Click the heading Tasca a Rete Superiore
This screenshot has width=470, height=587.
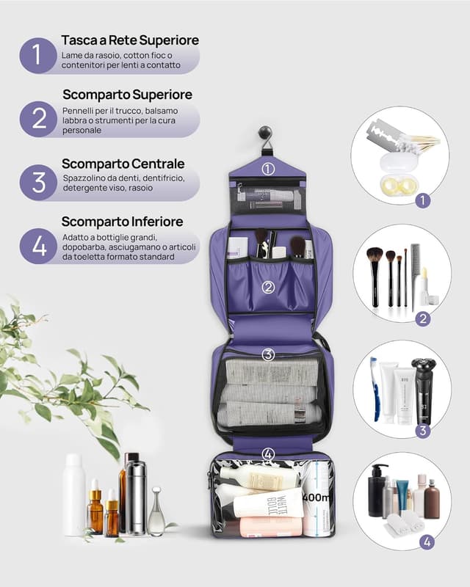130,40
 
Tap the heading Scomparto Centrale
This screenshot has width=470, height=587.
123,164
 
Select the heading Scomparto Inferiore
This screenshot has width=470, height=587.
122,222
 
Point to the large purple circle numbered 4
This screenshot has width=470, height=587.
38,246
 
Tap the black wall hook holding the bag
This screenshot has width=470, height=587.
266,135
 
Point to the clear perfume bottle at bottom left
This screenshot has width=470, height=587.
156,512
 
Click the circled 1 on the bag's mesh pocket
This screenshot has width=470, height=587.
268,168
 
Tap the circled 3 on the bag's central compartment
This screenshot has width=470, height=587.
268,354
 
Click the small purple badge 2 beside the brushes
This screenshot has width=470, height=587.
423,318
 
